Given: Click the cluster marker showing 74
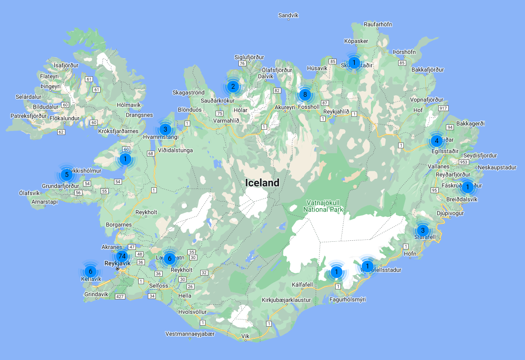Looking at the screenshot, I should coord(122,256).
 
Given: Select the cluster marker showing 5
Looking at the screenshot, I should coord(67,175).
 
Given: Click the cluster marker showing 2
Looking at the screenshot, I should coord(233,86).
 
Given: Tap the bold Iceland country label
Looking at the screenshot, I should coord(262,183).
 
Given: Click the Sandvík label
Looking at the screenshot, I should coord(288,15).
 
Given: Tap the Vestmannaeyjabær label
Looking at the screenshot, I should coord(190,334).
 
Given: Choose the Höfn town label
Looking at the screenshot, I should coord(410,254).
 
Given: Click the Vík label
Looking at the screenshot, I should coord(246,336).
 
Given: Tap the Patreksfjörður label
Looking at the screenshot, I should coord(29,115).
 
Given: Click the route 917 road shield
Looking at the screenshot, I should coord(443,109).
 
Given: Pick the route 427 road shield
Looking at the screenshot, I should coord(120,297).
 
